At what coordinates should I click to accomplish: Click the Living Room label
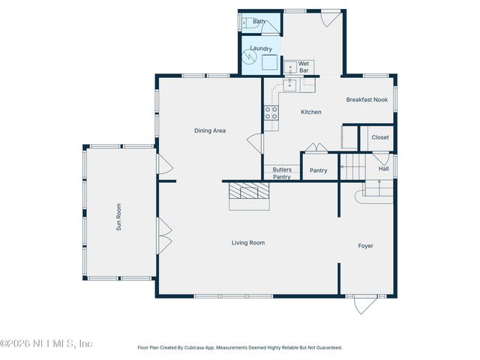click(x=247, y=242)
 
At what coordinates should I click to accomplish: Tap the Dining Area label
click(x=210, y=130)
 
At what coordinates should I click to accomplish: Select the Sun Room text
click(x=118, y=217)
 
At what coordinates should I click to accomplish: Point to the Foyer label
click(x=365, y=246)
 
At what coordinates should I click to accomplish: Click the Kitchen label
click(x=310, y=112)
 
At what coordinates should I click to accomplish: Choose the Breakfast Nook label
click(x=367, y=100)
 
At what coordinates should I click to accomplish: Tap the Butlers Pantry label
click(x=282, y=173)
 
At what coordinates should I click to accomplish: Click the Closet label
click(x=380, y=137)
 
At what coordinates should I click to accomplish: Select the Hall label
click(x=383, y=169)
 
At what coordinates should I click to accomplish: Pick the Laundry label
click(x=261, y=49)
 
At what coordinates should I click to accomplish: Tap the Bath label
click(x=259, y=22)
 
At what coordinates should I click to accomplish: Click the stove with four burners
click(x=271, y=113)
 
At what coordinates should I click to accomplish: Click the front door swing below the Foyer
click(x=366, y=304)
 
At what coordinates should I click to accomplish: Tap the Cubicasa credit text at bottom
click(x=240, y=347)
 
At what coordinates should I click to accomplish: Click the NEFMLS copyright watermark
click(x=46, y=343)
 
